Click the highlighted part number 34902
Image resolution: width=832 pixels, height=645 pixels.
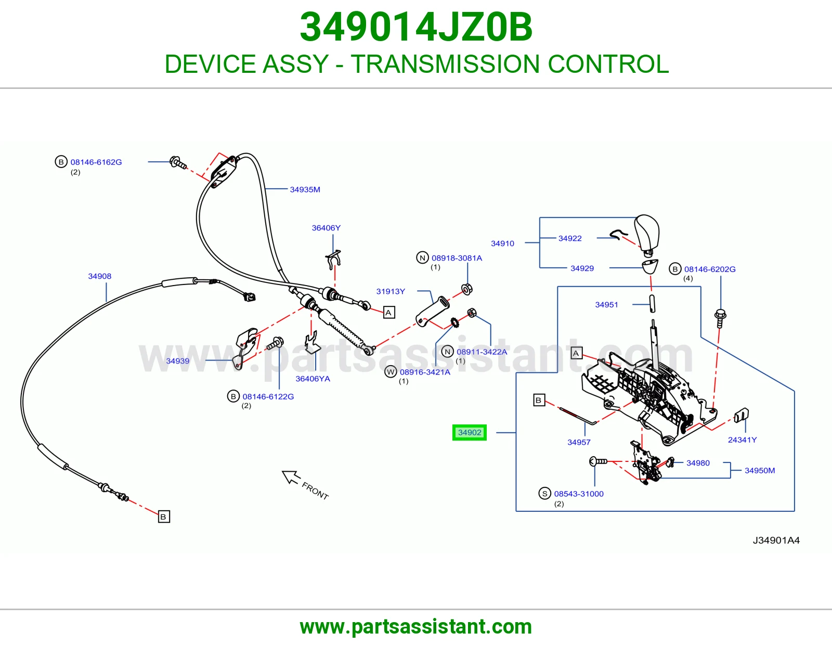tap(470, 432)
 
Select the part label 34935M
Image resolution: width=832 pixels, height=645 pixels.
tap(305, 189)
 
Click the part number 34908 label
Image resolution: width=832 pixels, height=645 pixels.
tap(99, 276)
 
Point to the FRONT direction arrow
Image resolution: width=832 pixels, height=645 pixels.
tap(291, 476)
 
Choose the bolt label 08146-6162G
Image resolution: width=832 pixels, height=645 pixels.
tap(96, 162)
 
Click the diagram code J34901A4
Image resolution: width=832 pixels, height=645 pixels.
tap(776, 540)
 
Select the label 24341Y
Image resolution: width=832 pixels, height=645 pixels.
tap(742, 440)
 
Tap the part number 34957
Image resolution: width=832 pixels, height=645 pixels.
tap(579, 442)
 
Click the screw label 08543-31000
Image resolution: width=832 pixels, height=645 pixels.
tap(579, 494)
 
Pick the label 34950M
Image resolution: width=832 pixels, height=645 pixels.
tap(760, 470)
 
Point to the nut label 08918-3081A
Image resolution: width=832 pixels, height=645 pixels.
tap(457, 258)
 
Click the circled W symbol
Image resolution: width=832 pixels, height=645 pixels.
tap(391, 371)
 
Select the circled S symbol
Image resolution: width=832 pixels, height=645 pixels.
tap(544, 494)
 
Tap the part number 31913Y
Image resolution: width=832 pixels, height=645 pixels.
tap(391, 291)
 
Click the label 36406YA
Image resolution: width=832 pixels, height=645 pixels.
tap(313, 379)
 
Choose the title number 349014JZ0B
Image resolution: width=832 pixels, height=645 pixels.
tap(416, 27)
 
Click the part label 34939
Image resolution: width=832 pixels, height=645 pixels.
tap(178, 361)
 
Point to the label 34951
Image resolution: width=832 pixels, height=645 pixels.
tap(606, 304)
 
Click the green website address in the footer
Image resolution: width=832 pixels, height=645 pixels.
tap(416, 627)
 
